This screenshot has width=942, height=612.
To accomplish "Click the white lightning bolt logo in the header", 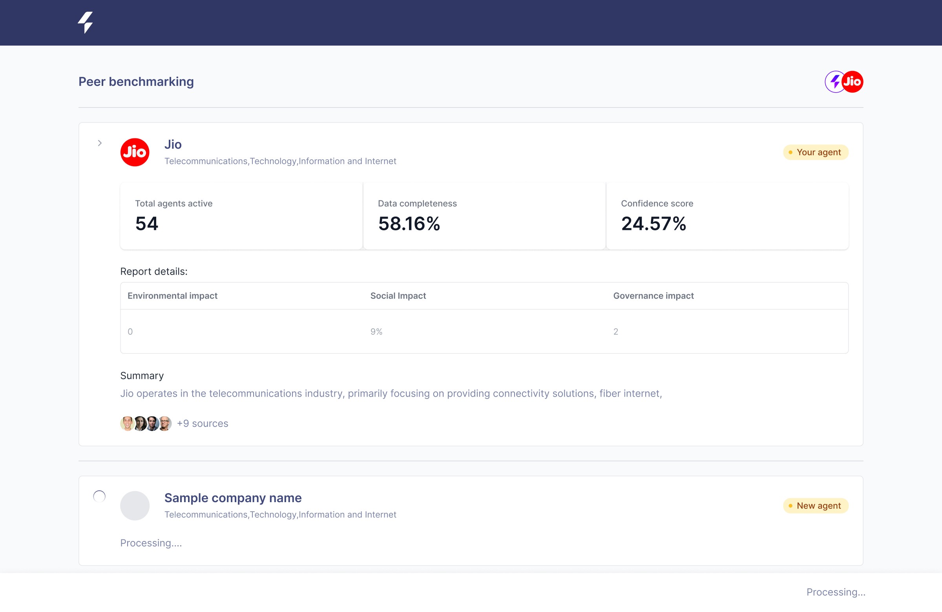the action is point(85,22).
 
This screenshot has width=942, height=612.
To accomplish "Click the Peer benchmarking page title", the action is point(136,82).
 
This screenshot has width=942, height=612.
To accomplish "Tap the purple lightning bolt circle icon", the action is point(835,82).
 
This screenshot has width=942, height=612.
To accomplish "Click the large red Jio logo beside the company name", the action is point(135,152).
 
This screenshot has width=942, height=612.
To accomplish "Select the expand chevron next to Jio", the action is point(100,143).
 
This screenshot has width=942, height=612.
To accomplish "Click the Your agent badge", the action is point(816,152).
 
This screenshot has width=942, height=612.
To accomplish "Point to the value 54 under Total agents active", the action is point(147,224).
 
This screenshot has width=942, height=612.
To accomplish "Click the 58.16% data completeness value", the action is point(409,224).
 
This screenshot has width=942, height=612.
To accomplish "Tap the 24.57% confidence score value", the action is point(654,224).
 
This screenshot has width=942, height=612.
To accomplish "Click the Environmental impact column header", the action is point(173,296).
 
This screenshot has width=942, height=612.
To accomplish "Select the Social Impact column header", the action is point(398,296).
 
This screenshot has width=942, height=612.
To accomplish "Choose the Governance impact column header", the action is point(654,296).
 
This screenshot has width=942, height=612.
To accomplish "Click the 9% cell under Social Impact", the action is point(376,331).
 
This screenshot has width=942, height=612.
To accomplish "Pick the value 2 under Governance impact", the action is point(616,331).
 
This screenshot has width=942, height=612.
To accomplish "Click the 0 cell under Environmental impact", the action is point(130,331).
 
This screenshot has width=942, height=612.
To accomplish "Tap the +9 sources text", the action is point(203,423).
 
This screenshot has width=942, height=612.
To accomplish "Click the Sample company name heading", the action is point(233,498).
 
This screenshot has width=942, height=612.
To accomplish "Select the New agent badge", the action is point(816,506).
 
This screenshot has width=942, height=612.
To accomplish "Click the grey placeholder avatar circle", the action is point(135,506).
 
